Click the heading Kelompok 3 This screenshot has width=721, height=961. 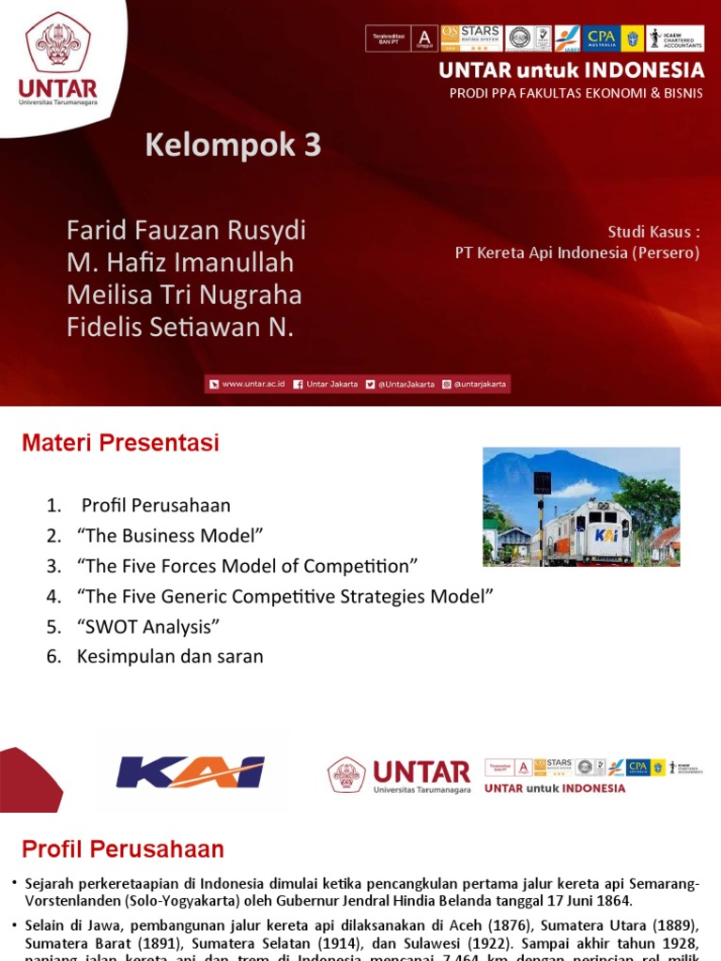coord(233,145)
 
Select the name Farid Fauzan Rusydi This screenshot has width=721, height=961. coord(186,230)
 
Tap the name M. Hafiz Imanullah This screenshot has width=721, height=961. coord(180,263)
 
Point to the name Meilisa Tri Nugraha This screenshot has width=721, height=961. coord(184,296)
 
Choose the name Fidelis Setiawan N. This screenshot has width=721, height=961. coord(180,328)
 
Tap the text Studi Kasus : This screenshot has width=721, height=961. coord(653,232)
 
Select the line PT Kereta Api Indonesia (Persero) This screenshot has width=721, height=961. coord(577,253)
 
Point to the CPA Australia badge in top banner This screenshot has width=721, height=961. coord(602,38)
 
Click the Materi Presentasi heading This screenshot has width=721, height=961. coord(120,443)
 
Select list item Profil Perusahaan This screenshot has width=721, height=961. coord(156,506)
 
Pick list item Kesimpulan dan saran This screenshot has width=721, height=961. coord(170,656)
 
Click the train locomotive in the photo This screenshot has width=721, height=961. coord(589,531)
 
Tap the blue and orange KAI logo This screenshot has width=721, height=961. coord(191,772)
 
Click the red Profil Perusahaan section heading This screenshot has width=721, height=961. coord(123,850)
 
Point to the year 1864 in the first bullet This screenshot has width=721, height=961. coord(615,900)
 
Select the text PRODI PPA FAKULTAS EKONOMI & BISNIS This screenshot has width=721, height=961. coord(576,93)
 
